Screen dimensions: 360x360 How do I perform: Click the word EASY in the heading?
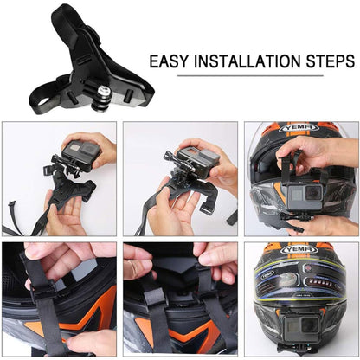170,62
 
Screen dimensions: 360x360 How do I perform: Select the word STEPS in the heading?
328,62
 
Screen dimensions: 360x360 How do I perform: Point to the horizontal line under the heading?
252,76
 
